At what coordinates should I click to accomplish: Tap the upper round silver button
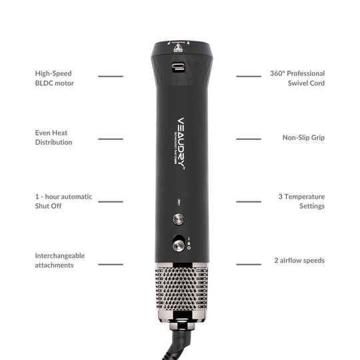[178, 219]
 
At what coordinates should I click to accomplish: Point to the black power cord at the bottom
[175, 343]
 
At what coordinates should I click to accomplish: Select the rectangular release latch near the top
[179, 67]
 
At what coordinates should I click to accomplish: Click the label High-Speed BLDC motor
[54, 78]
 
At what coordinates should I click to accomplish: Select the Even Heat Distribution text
[53, 137]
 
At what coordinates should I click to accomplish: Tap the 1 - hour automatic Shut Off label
[63, 201]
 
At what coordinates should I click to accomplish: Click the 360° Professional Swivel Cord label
[297, 78]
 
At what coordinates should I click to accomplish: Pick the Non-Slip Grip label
[303, 137]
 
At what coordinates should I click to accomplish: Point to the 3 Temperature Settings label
[301, 201]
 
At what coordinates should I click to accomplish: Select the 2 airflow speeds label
[299, 260]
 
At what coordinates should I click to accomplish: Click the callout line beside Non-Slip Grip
[249, 139]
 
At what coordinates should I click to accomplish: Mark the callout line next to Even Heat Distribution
[111, 139]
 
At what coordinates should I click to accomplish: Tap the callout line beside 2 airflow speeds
[249, 264]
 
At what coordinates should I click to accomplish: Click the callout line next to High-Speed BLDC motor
[111, 76]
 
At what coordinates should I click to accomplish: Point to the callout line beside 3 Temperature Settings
[249, 201]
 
